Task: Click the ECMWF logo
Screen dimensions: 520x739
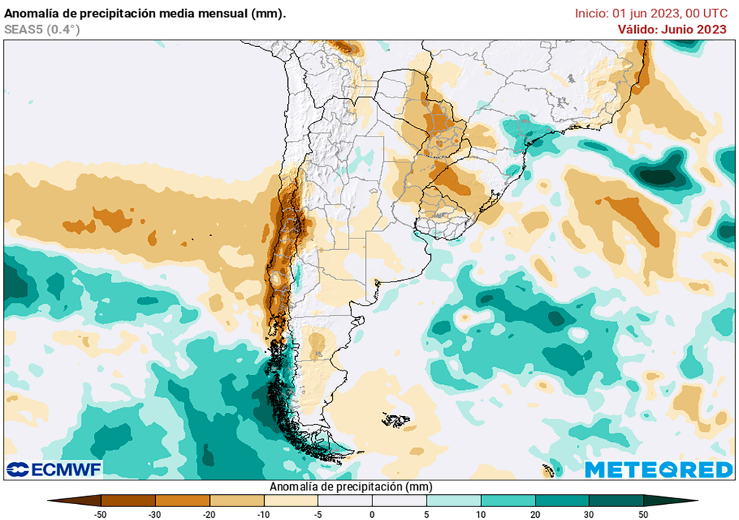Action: (54, 469)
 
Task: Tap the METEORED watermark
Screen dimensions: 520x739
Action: (658, 469)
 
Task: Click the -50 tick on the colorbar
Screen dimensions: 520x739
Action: (102, 513)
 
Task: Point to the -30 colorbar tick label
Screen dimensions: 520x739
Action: (156, 513)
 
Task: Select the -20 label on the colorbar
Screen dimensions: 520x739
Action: (210, 513)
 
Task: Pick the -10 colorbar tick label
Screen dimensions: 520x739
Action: (264, 513)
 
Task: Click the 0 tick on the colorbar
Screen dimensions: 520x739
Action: (372, 513)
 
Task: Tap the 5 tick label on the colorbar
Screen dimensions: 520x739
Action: (427, 513)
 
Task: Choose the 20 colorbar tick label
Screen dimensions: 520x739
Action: (535, 513)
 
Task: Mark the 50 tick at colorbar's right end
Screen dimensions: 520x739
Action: (643, 513)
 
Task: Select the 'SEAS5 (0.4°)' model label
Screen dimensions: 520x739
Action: (42, 29)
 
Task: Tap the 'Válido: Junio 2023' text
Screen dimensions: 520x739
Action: (672, 29)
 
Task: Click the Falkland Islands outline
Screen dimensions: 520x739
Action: (396, 419)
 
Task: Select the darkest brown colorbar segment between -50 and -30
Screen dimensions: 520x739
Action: (128, 500)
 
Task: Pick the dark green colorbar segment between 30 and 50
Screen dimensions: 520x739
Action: (616, 500)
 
